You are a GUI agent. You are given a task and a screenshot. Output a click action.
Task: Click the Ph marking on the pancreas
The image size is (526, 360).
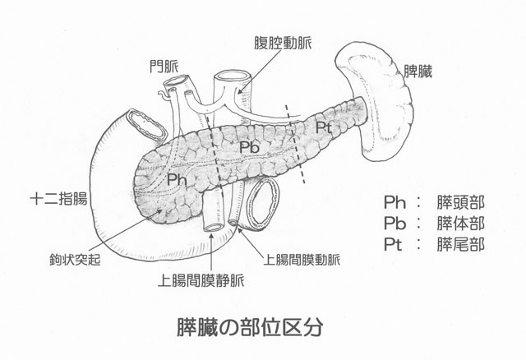coord(176,178)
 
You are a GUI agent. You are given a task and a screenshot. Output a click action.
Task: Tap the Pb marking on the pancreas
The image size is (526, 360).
coord(251,146)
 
